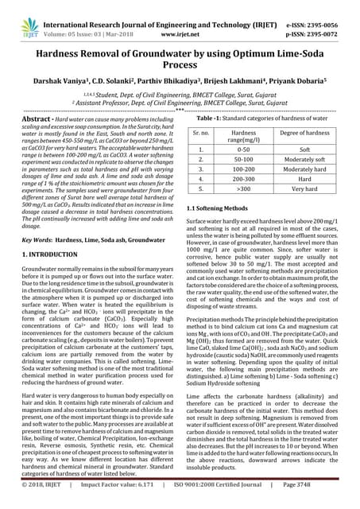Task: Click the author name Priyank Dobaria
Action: click(x=301, y=82)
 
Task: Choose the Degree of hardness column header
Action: click(x=305, y=131)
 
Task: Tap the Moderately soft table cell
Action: click(x=305, y=159)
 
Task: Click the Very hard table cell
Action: click(x=305, y=191)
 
